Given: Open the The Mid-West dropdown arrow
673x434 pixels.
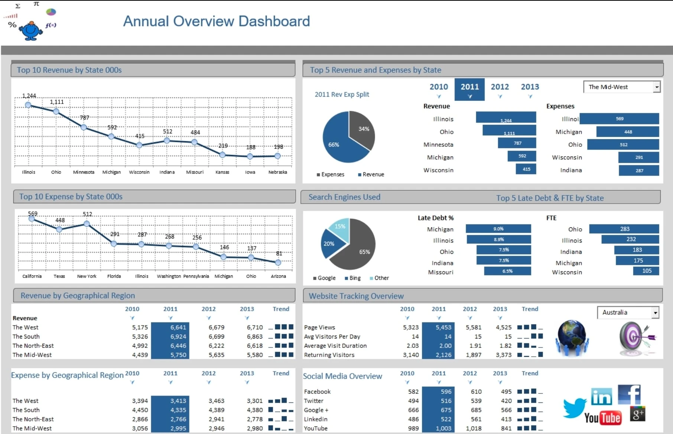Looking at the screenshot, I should (657, 87).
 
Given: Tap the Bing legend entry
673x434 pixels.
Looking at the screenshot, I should (352, 278).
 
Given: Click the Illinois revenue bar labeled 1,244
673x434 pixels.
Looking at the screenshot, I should (506, 118).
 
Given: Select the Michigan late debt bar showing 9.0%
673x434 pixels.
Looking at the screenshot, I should (498, 229).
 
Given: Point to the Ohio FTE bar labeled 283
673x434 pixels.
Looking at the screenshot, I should (624, 229).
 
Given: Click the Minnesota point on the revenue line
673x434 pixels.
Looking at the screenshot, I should (84, 127).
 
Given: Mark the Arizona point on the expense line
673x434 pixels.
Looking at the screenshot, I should (278, 262).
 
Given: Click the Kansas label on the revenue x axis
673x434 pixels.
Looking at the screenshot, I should (222, 172).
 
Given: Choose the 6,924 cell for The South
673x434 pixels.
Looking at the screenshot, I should (178, 337).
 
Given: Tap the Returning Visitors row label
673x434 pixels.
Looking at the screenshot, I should (329, 355).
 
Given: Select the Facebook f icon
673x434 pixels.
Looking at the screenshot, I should (629, 394).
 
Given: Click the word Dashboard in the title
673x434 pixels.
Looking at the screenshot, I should (274, 21).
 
